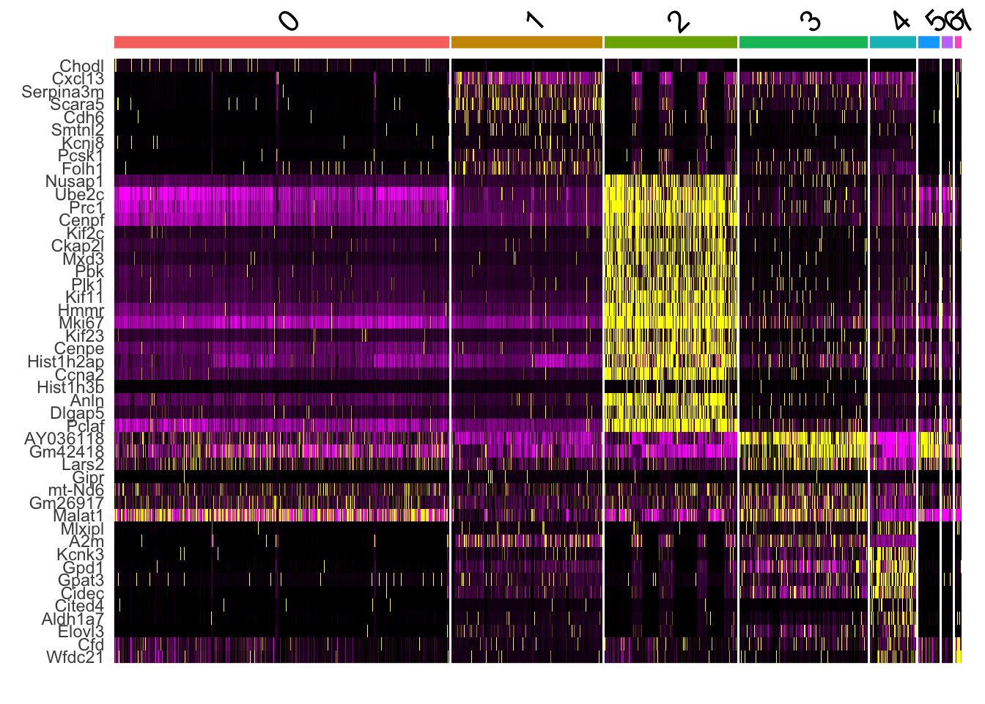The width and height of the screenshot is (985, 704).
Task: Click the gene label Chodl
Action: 82,67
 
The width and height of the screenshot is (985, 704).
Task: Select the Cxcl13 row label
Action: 78,79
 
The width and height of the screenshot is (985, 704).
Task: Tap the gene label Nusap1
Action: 75,182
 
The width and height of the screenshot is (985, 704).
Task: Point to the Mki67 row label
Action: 81,323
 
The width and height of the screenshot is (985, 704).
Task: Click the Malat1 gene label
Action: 78,516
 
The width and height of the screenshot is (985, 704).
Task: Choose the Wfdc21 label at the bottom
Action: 75,658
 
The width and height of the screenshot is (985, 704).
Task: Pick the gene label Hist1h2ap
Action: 66,362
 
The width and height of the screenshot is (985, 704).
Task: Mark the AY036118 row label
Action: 64,439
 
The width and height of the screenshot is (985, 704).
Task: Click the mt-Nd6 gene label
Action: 76,491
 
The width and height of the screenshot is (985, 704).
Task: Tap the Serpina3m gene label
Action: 63,92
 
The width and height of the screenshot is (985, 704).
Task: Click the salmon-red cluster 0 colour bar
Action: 281,43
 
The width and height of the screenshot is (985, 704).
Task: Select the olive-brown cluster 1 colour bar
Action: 526,43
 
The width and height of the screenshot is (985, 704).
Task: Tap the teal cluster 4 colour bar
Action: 892,43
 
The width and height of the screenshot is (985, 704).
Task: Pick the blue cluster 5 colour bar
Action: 928,43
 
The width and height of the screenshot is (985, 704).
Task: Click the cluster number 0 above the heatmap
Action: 289,21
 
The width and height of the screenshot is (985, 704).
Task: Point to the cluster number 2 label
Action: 679,22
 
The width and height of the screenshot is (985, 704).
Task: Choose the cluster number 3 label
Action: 810,21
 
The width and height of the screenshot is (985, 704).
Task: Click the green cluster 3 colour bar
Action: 803,43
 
